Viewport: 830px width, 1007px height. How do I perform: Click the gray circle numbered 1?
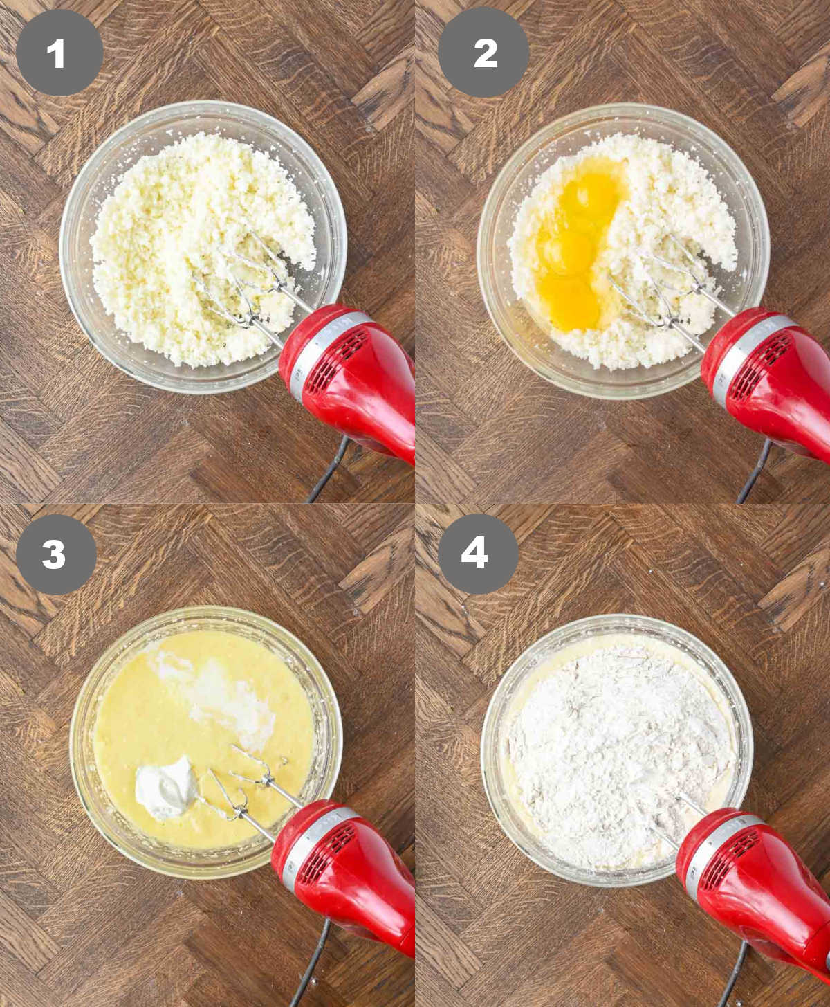point(59,53)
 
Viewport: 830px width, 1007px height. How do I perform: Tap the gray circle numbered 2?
point(483,53)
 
